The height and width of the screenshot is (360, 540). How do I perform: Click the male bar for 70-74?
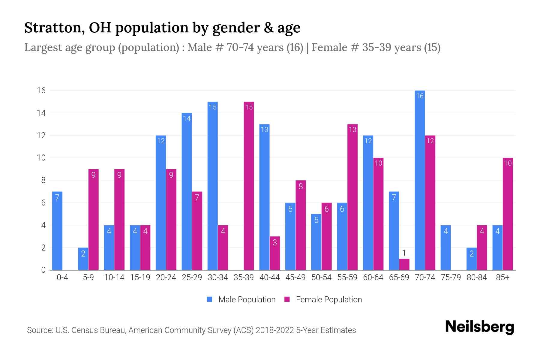(x=420, y=180)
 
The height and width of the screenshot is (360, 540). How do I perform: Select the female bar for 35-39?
(x=249, y=186)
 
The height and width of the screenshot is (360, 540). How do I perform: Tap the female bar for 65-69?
(x=404, y=264)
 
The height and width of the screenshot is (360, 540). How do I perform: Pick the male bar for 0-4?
(x=57, y=231)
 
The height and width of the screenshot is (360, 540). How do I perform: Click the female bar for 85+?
(x=508, y=214)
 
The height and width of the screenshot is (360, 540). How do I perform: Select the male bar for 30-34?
(x=213, y=186)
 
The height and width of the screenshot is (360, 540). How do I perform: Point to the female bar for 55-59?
(x=352, y=197)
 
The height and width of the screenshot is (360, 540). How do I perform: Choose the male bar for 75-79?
(x=445, y=247)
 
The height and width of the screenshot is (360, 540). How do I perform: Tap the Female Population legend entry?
(x=323, y=300)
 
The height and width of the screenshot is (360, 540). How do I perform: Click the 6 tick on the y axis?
(x=43, y=203)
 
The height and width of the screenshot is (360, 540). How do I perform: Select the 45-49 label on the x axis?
(x=295, y=277)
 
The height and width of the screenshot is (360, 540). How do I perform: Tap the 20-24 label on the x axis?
(x=166, y=277)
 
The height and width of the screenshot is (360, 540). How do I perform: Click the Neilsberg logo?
(x=479, y=327)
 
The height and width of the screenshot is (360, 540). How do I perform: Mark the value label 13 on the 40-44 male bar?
(x=264, y=130)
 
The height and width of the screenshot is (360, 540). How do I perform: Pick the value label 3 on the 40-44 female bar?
(x=275, y=242)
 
